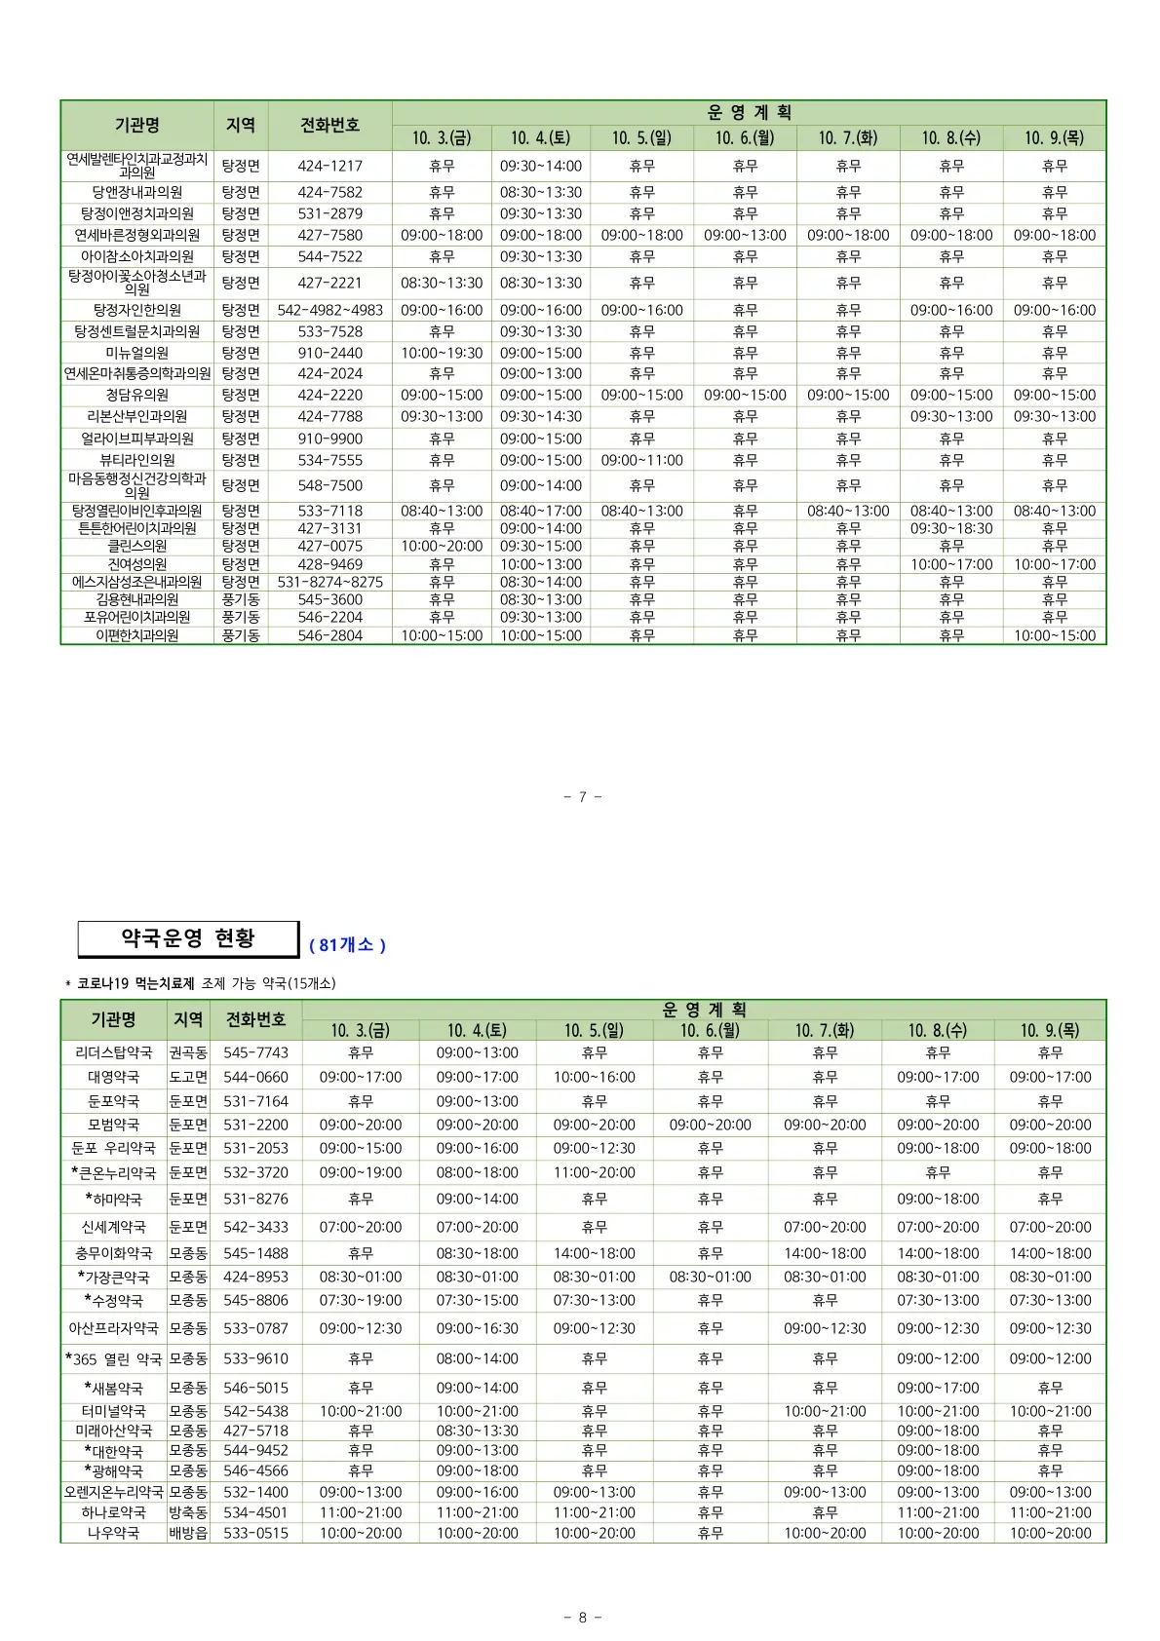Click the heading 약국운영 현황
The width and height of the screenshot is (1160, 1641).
[x=187, y=938]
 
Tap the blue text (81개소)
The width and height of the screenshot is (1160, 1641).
[x=347, y=945]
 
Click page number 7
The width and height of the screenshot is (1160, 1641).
[x=583, y=797]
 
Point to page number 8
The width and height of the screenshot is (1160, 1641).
[x=583, y=1618]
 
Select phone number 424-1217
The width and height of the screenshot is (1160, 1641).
[x=329, y=167]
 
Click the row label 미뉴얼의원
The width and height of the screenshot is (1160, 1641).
[x=136, y=353]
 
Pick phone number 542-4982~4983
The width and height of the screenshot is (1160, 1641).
[x=329, y=310]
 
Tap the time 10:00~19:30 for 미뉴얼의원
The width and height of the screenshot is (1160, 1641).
[x=442, y=353]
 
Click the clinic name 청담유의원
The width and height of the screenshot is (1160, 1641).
[x=136, y=395]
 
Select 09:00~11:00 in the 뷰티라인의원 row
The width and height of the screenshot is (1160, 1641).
[x=641, y=460]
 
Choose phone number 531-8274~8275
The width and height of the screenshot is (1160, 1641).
[x=329, y=582]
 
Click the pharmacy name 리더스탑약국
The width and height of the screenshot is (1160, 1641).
[x=113, y=1052]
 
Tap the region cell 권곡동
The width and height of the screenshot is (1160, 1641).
[x=188, y=1052]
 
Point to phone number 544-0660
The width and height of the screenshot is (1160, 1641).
[x=255, y=1077]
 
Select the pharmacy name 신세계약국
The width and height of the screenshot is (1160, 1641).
[x=113, y=1227]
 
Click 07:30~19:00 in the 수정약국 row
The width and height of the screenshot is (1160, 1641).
[x=361, y=1300]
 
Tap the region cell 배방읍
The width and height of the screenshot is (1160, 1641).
[x=188, y=1533]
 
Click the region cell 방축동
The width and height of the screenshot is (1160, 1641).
[x=188, y=1512]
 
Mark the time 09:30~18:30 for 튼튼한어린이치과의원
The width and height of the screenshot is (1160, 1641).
[x=951, y=528]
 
